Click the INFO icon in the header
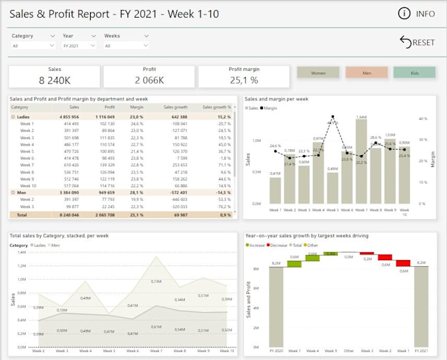[404, 13]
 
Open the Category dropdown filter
[34, 46]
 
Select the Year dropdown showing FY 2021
[79, 46]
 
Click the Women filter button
[318, 73]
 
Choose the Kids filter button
[414, 73]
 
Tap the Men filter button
[366, 73]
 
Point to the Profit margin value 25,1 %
[243, 80]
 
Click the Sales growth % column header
[216, 106]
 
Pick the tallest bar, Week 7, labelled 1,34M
[361, 162]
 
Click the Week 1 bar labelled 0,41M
[275, 191]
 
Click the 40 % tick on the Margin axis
[425, 119]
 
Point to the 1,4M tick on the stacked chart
[21, 252]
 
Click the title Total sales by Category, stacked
[59, 235]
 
